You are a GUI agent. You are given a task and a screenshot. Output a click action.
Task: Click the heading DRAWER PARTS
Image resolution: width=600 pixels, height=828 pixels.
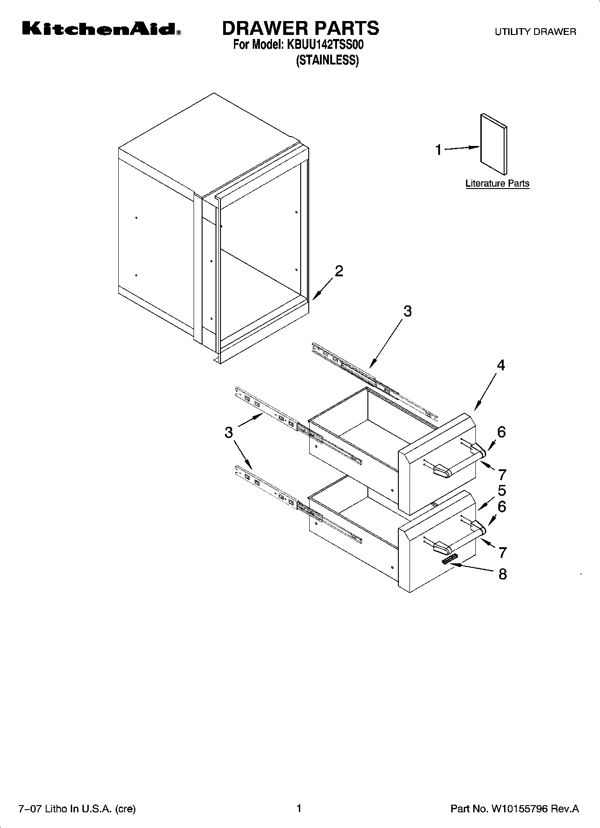coord(301,28)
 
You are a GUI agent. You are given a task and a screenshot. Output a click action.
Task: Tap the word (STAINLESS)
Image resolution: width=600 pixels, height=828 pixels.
coord(327,60)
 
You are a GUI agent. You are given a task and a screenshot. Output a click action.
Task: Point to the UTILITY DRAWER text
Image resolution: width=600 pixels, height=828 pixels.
coord(535,32)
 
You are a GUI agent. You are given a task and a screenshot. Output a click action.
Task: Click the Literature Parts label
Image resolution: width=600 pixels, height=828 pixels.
coord(497,183)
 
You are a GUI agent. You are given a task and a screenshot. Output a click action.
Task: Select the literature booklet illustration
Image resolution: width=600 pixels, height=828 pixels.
coord(494,143)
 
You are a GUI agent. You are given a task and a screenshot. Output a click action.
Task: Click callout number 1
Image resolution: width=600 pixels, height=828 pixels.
coord(439,150)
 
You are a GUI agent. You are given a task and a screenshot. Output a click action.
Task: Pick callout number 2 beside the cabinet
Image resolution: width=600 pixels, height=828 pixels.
coord(339,271)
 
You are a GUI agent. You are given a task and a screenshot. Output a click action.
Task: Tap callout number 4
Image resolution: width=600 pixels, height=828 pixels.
coord(501,365)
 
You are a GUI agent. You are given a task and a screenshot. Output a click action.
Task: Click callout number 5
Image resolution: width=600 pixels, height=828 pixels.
coord(501,490)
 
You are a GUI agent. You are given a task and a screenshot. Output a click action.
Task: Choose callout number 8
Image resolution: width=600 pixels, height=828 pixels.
coord(503,574)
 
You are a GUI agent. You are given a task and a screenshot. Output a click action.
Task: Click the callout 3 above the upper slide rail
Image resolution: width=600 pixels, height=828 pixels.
coord(407,311)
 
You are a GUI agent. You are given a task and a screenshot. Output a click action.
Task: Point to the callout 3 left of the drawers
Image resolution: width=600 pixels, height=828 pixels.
coord(229,432)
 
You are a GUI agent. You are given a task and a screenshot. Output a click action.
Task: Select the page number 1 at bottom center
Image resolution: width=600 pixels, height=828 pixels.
coord(299,808)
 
